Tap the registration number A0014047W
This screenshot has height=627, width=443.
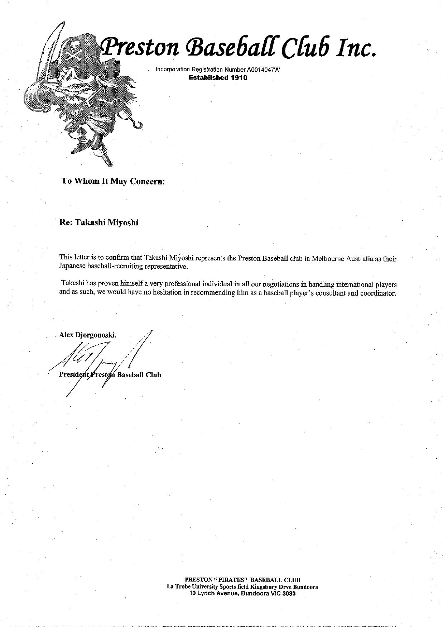click(263, 70)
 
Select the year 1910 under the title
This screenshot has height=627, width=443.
click(239, 77)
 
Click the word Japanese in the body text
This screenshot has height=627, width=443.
click(72, 267)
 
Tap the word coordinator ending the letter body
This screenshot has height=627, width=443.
click(380, 293)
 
